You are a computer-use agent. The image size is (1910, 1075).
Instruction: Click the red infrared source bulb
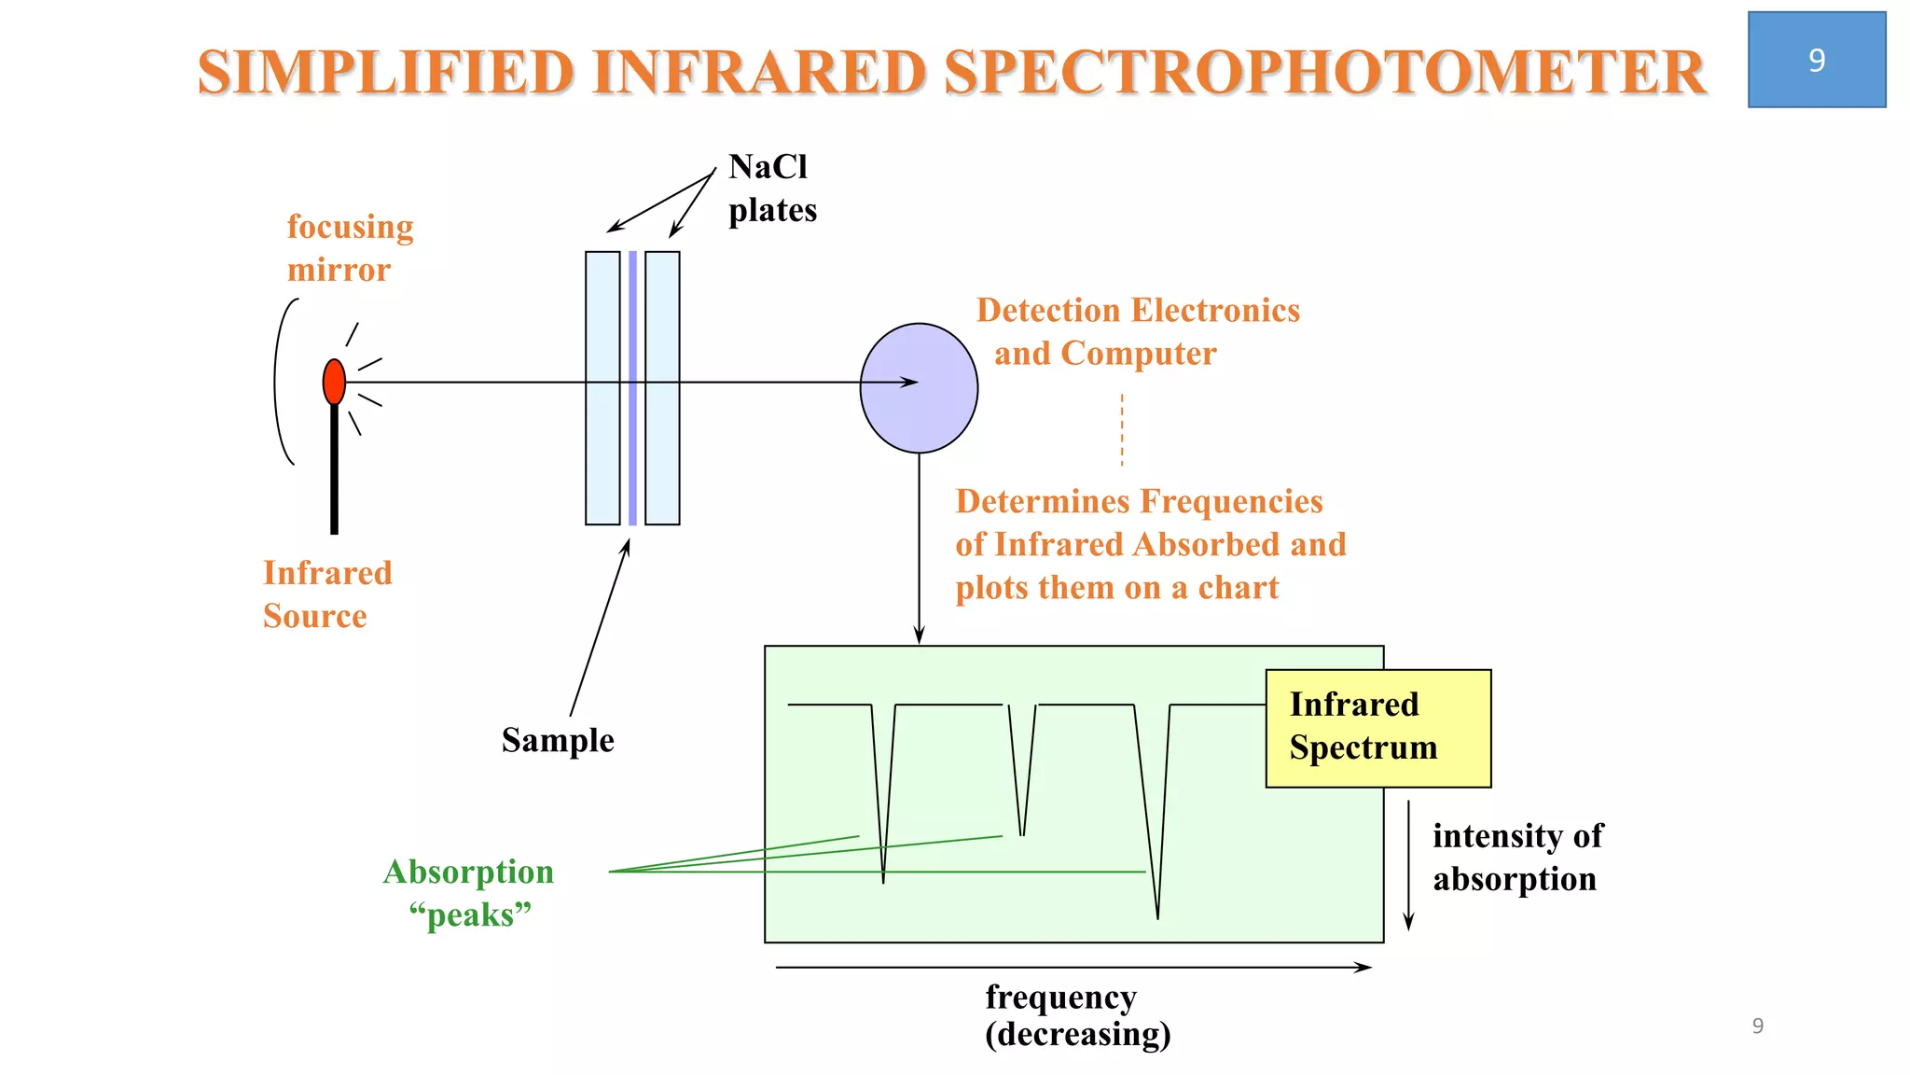click(334, 382)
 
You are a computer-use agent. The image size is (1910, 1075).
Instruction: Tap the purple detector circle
click(919, 388)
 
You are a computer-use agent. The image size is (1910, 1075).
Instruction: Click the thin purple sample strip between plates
click(632, 448)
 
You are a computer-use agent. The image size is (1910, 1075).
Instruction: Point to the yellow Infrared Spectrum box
click(1377, 728)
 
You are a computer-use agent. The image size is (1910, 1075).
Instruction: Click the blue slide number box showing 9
click(1816, 60)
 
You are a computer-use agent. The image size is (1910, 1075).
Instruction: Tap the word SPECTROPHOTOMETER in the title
click(1324, 73)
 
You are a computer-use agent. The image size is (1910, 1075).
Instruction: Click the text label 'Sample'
click(558, 740)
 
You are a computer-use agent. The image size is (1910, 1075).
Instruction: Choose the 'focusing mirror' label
click(350, 248)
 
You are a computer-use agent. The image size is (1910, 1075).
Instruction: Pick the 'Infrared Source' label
click(327, 594)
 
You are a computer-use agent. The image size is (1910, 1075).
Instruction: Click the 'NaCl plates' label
click(772, 188)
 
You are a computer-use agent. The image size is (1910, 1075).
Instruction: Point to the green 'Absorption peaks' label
click(468, 893)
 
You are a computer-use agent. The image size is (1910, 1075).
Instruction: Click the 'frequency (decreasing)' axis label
click(1077, 1015)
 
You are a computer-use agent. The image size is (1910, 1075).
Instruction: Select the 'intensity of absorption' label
click(1517, 857)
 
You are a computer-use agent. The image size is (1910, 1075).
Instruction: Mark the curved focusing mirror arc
click(278, 382)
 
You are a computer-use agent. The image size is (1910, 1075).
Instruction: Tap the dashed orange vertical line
click(1122, 429)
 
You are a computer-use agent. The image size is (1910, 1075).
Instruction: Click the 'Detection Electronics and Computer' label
click(1137, 331)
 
